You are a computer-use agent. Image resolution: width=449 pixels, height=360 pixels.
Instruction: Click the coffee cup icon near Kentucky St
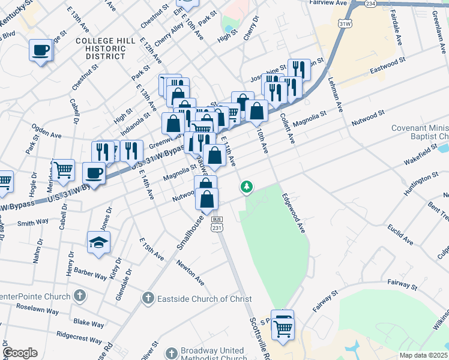(41, 50)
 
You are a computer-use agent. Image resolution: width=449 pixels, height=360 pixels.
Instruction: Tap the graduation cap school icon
(99, 242)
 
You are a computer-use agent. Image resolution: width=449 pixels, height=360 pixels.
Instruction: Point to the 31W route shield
(345, 23)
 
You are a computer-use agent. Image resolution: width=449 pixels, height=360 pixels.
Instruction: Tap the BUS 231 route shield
(217, 224)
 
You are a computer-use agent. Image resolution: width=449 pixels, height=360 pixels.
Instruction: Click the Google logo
(20, 353)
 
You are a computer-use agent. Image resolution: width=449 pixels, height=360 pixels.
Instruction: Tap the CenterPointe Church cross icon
(79, 295)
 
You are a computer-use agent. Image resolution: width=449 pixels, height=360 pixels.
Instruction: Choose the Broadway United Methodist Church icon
(172, 353)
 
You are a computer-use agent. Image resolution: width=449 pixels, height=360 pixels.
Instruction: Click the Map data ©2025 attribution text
(423, 355)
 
